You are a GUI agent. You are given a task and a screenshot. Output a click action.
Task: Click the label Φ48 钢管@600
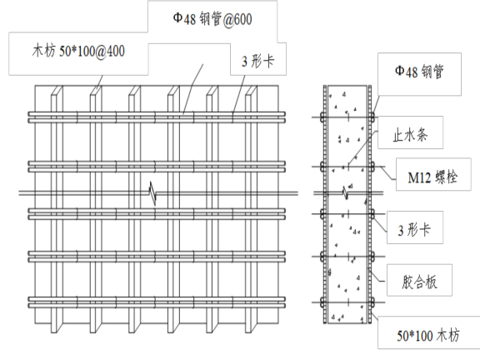point(212,19)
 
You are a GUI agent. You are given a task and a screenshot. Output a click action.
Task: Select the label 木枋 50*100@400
point(78,51)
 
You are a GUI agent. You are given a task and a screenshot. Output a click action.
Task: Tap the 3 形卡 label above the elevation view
point(257,61)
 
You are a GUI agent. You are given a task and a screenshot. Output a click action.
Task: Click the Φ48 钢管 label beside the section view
point(419,72)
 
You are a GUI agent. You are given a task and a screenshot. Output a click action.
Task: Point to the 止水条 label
point(410,135)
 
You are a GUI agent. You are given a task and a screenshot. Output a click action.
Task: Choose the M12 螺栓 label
point(432,177)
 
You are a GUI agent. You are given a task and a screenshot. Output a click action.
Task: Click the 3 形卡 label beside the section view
point(414,230)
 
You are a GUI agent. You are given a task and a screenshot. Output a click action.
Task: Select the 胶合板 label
point(419,282)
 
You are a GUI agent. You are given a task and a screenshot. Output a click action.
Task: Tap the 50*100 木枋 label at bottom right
point(428,336)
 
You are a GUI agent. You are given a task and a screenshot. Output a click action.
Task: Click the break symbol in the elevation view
point(153,192)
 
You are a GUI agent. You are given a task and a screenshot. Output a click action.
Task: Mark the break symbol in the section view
point(346,192)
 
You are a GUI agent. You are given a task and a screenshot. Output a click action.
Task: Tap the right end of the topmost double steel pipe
point(284,117)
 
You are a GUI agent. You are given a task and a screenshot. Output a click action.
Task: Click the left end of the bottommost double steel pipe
point(29,302)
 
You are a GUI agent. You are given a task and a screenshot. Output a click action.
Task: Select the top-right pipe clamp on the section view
point(372,117)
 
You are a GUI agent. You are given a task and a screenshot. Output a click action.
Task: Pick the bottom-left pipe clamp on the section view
point(322,302)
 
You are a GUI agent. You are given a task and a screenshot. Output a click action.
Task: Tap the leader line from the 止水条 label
point(363,148)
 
